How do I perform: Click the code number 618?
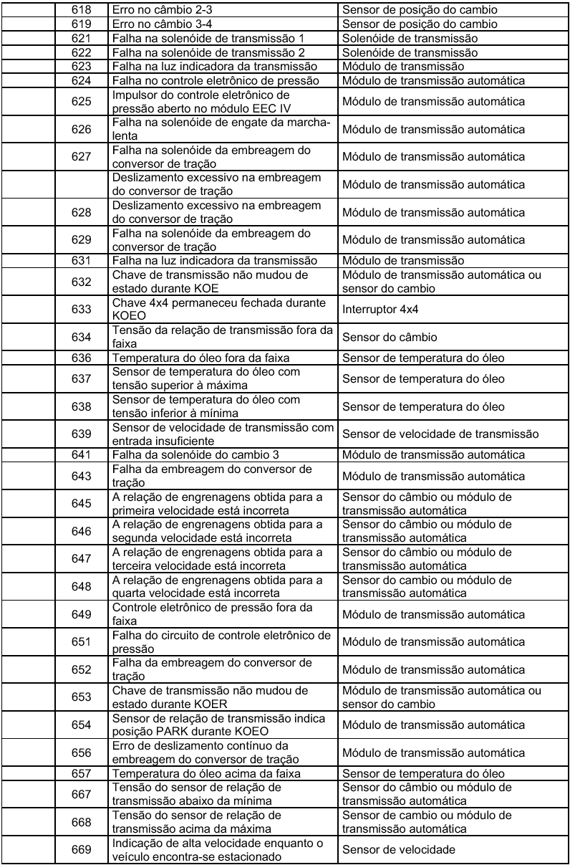pyautogui.click(x=81, y=11)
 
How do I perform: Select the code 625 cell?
pyautogui.click(x=81, y=102)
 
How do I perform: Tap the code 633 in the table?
pyautogui.click(x=81, y=309)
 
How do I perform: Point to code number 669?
pyautogui.click(x=81, y=850)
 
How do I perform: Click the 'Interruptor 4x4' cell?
pyautogui.click(x=379, y=309)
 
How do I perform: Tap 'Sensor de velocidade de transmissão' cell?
pyautogui.click(x=440, y=434)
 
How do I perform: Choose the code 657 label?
pyautogui.click(x=81, y=773)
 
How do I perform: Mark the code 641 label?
pyautogui.click(x=81, y=454)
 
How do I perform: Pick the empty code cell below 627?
pyautogui.click(x=81, y=185)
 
